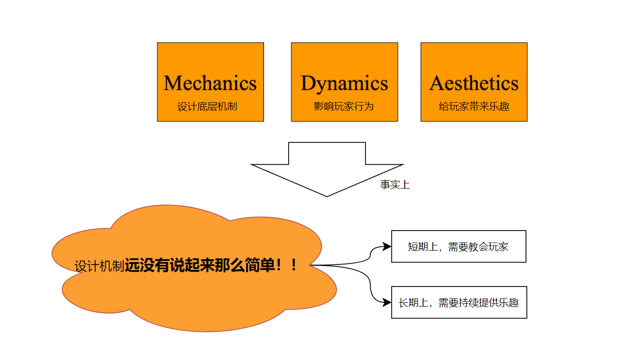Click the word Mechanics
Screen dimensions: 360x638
coord(210,83)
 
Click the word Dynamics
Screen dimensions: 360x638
coord(344,83)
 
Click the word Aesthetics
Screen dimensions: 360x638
coord(474,83)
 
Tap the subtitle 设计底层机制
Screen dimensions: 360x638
coord(207,106)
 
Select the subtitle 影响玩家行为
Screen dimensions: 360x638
coord(344,106)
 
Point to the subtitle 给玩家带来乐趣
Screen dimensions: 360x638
coord(474,106)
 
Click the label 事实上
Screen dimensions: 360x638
coord(395,185)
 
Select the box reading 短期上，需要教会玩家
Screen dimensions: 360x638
coord(458,246)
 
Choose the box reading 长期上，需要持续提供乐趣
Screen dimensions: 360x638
coord(459,302)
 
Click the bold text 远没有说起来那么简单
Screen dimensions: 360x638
coord(200,265)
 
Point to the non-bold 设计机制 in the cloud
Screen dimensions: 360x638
coord(99,266)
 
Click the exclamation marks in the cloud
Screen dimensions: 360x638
coord(288,265)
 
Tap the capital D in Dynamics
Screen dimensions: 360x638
coord(308,83)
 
